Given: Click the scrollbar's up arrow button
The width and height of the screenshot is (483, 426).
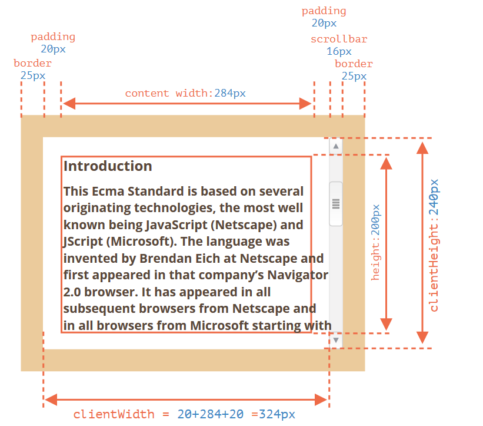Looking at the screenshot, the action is tap(336, 146).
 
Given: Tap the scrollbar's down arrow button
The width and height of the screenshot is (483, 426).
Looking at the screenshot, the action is tap(336, 340).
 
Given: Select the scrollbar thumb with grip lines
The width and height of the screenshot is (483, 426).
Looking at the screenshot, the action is tap(336, 204).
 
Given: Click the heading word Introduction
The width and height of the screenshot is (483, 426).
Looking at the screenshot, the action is tap(108, 166).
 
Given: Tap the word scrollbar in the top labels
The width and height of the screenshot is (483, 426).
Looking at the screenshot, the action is tap(339, 39).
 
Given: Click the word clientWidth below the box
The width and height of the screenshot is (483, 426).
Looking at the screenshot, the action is tap(114, 414).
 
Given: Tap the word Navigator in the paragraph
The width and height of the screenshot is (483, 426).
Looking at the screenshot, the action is tap(298, 275).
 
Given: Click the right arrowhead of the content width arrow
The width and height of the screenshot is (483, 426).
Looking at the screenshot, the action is tap(305, 104).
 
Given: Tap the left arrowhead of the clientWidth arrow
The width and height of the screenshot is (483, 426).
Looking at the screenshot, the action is tap(51, 399).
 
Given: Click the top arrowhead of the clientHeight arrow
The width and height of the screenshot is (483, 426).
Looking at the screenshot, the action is tap(422, 148).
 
